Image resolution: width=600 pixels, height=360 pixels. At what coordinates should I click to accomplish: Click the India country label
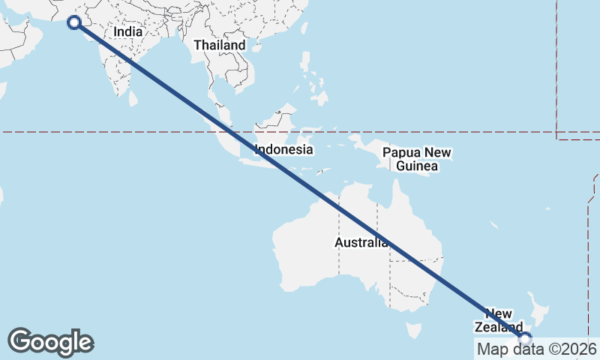coord(127,33)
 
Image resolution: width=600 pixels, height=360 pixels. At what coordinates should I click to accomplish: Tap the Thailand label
coord(219,45)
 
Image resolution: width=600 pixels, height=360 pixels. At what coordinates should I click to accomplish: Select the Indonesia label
coord(283,149)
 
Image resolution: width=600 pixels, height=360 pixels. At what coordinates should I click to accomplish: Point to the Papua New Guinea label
coord(417,160)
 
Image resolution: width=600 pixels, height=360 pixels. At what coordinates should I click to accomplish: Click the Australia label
coord(361,243)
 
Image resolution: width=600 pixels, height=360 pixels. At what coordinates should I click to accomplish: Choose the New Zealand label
coord(498,320)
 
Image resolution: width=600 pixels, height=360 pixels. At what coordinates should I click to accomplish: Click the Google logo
coord(50,342)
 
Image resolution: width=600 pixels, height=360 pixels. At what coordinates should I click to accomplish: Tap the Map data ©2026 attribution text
coord(537,349)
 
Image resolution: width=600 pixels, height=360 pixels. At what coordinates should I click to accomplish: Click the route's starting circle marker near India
coord(74,22)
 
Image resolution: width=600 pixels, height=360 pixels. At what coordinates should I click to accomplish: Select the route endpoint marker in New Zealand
coord(525,338)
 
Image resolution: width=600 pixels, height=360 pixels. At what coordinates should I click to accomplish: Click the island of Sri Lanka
coord(133,97)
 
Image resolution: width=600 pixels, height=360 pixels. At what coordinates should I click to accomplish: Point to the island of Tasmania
coord(412,330)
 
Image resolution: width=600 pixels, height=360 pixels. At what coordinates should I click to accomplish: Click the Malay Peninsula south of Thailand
coord(217,101)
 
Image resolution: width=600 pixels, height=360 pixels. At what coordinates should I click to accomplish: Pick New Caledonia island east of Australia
coord(493,225)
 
